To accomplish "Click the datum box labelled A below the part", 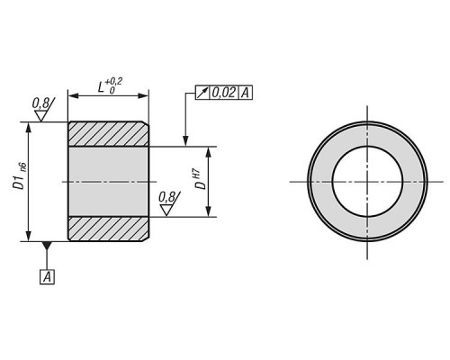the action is point(48,277).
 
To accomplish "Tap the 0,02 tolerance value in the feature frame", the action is point(224,93).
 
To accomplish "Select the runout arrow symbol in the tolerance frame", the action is point(202,93).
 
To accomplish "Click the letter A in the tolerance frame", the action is point(245,93).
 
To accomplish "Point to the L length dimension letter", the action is point(101,87).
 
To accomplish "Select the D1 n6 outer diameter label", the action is point(20,177).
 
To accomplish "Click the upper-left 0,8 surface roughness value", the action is point(40,103).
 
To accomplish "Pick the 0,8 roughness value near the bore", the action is point(166,197).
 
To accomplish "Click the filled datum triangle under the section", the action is point(47,246).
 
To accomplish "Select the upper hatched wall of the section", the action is point(108,134).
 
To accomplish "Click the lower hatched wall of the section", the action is point(108,229).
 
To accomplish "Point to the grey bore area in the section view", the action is point(108,182).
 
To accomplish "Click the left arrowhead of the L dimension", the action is point(73,95).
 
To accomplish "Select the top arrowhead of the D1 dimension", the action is point(29,127).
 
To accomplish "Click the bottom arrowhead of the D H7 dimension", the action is point(209,211).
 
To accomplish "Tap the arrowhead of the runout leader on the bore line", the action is point(185,141).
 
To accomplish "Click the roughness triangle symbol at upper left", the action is point(40,115).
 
